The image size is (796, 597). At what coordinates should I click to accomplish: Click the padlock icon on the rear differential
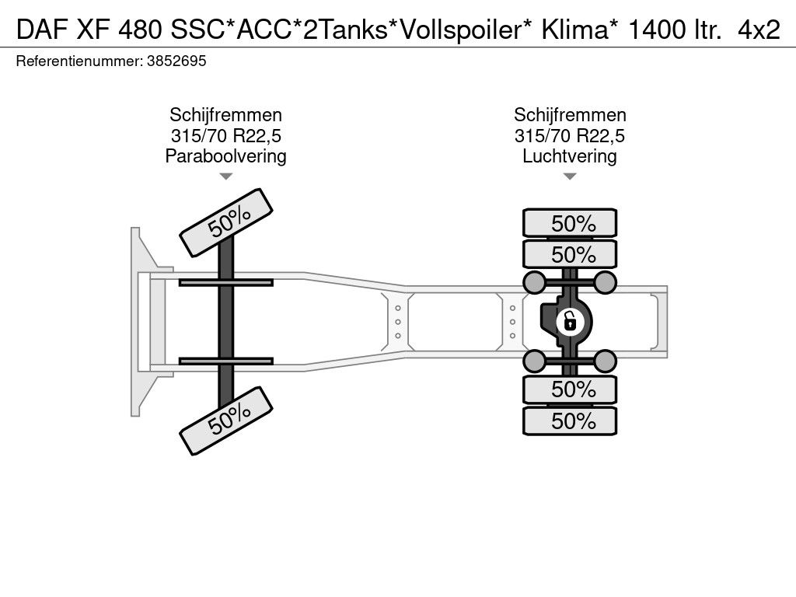point(570,319)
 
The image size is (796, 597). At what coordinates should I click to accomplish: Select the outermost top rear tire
point(570,223)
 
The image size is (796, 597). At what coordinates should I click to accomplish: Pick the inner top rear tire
point(570,254)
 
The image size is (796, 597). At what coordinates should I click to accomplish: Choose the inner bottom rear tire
point(570,389)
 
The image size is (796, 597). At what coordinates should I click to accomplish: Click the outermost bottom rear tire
point(570,421)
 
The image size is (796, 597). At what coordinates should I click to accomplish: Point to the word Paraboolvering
point(225,156)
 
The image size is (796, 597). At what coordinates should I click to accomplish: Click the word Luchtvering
point(570,156)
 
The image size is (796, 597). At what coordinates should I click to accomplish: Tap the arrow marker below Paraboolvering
point(225,176)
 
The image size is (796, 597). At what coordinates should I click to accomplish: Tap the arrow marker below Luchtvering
point(570,176)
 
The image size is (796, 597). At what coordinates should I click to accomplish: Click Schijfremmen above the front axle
point(225,116)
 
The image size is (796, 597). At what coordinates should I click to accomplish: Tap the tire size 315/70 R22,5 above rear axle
point(570,136)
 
